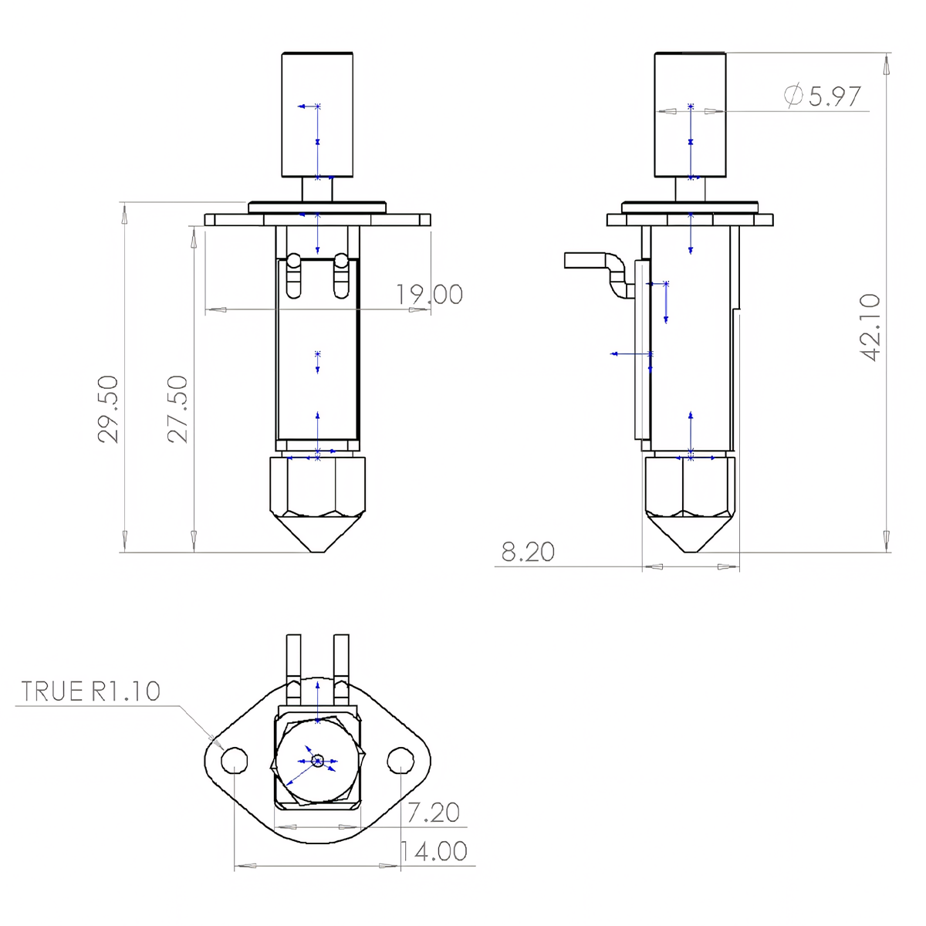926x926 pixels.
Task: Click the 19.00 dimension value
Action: point(429,294)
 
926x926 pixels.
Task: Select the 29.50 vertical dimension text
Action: point(109,408)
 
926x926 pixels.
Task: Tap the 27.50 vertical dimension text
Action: point(178,408)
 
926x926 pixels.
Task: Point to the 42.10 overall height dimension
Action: point(870,326)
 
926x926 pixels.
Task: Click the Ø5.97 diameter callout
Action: point(823,96)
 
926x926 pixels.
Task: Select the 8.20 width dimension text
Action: point(528,552)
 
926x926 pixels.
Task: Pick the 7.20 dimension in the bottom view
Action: point(433,812)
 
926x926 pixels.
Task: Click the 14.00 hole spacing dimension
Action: point(434,850)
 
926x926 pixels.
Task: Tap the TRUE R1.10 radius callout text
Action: point(91,691)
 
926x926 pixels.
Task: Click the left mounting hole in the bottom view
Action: point(234,761)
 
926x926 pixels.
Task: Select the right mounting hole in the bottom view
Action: point(400,761)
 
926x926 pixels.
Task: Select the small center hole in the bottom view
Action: point(317,761)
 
